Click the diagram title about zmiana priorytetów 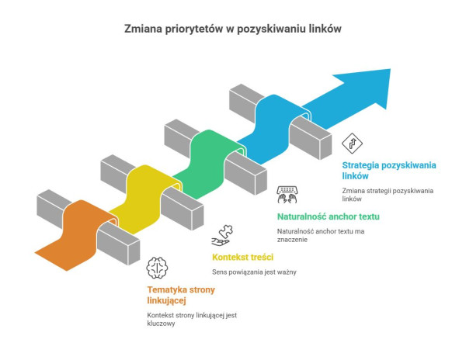(233, 29)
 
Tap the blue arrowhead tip (390, 70)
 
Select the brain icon (157, 268)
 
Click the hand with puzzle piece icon (222, 235)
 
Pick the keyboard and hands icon (287, 195)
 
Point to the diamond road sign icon (352, 144)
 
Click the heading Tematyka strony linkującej (181, 295)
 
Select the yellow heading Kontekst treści (242, 257)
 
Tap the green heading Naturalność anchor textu (328, 216)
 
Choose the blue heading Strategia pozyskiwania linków (389, 171)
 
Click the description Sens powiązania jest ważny (254, 272)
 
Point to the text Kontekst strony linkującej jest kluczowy (192, 320)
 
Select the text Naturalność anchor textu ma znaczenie (321, 235)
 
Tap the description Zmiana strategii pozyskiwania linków (388, 195)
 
